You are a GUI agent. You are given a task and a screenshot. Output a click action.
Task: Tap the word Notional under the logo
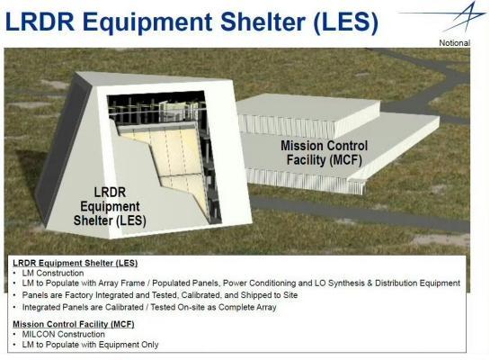454,43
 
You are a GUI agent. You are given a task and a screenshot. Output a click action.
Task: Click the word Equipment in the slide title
147,22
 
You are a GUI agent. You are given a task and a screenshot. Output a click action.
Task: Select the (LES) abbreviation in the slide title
345,22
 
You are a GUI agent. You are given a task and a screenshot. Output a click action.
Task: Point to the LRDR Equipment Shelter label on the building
110,206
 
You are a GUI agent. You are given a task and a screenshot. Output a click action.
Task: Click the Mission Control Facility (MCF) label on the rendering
324,153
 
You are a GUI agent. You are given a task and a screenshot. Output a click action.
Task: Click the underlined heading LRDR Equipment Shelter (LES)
75,263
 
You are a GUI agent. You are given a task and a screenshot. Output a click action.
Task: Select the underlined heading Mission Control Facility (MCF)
74,324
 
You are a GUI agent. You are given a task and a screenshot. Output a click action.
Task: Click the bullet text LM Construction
53,273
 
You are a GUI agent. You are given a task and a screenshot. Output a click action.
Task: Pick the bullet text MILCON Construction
64,334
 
